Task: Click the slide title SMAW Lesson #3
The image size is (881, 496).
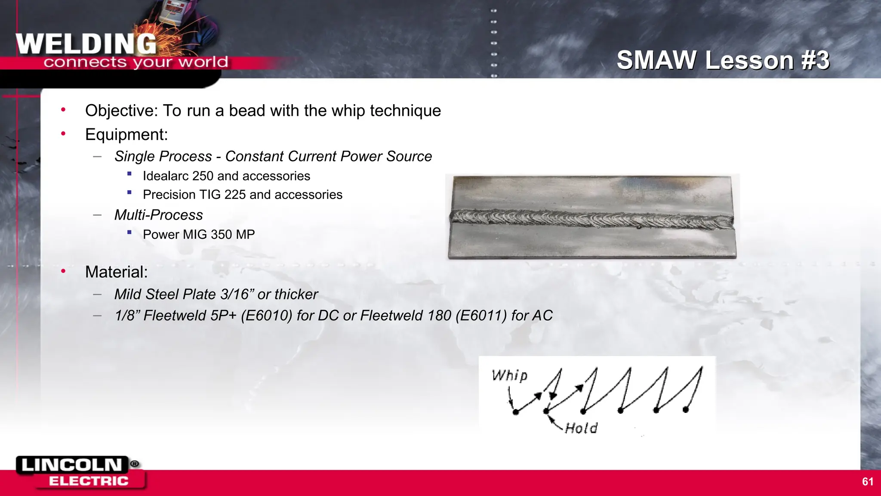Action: click(x=723, y=60)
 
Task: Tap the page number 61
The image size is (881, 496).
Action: click(x=868, y=482)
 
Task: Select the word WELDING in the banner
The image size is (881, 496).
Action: click(x=86, y=44)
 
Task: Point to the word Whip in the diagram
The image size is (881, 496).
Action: click(x=510, y=375)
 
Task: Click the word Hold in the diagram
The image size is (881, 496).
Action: click(x=581, y=428)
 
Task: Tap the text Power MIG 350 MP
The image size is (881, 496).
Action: click(x=199, y=235)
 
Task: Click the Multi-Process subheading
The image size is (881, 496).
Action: click(x=158, y=215)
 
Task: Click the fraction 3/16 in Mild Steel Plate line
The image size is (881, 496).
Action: click(x=235, y=294)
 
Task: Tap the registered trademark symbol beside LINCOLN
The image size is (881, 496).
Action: click(x=135, y=464)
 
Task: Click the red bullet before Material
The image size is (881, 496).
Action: click(x=63, y=271)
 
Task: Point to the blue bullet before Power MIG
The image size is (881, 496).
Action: click(x=129, y=232)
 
